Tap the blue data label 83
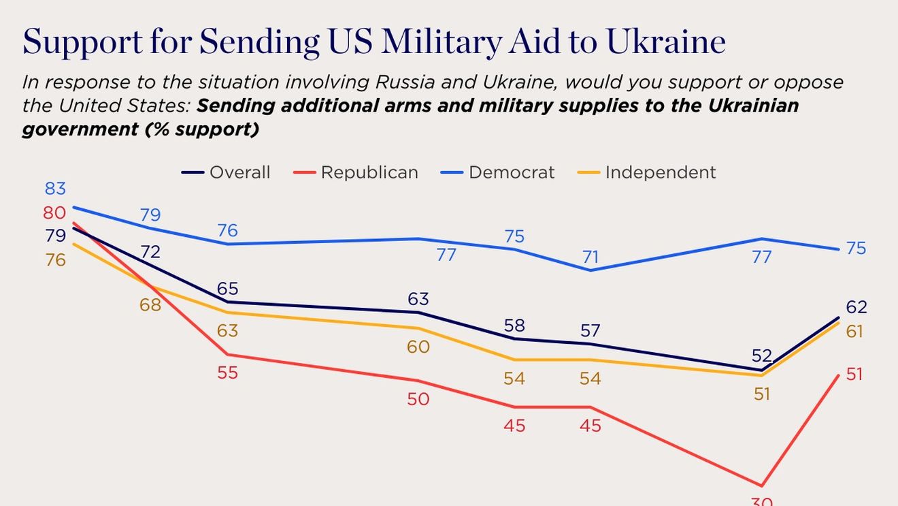click(x=55, y=189)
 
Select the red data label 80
click(x=54, y=212)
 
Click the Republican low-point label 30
click(x=762, y=501)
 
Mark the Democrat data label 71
click(x=590, y=257)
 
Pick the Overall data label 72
click(x=150, y=252)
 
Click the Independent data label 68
click(x=150, y=304)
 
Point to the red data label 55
click(x=227, y=373)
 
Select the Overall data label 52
click(x=762, y=355)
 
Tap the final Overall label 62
click(x=856, y=307)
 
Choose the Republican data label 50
click(x=418, y=399)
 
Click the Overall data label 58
click(x=514, y=326)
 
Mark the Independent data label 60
click(x=418, y=347)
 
